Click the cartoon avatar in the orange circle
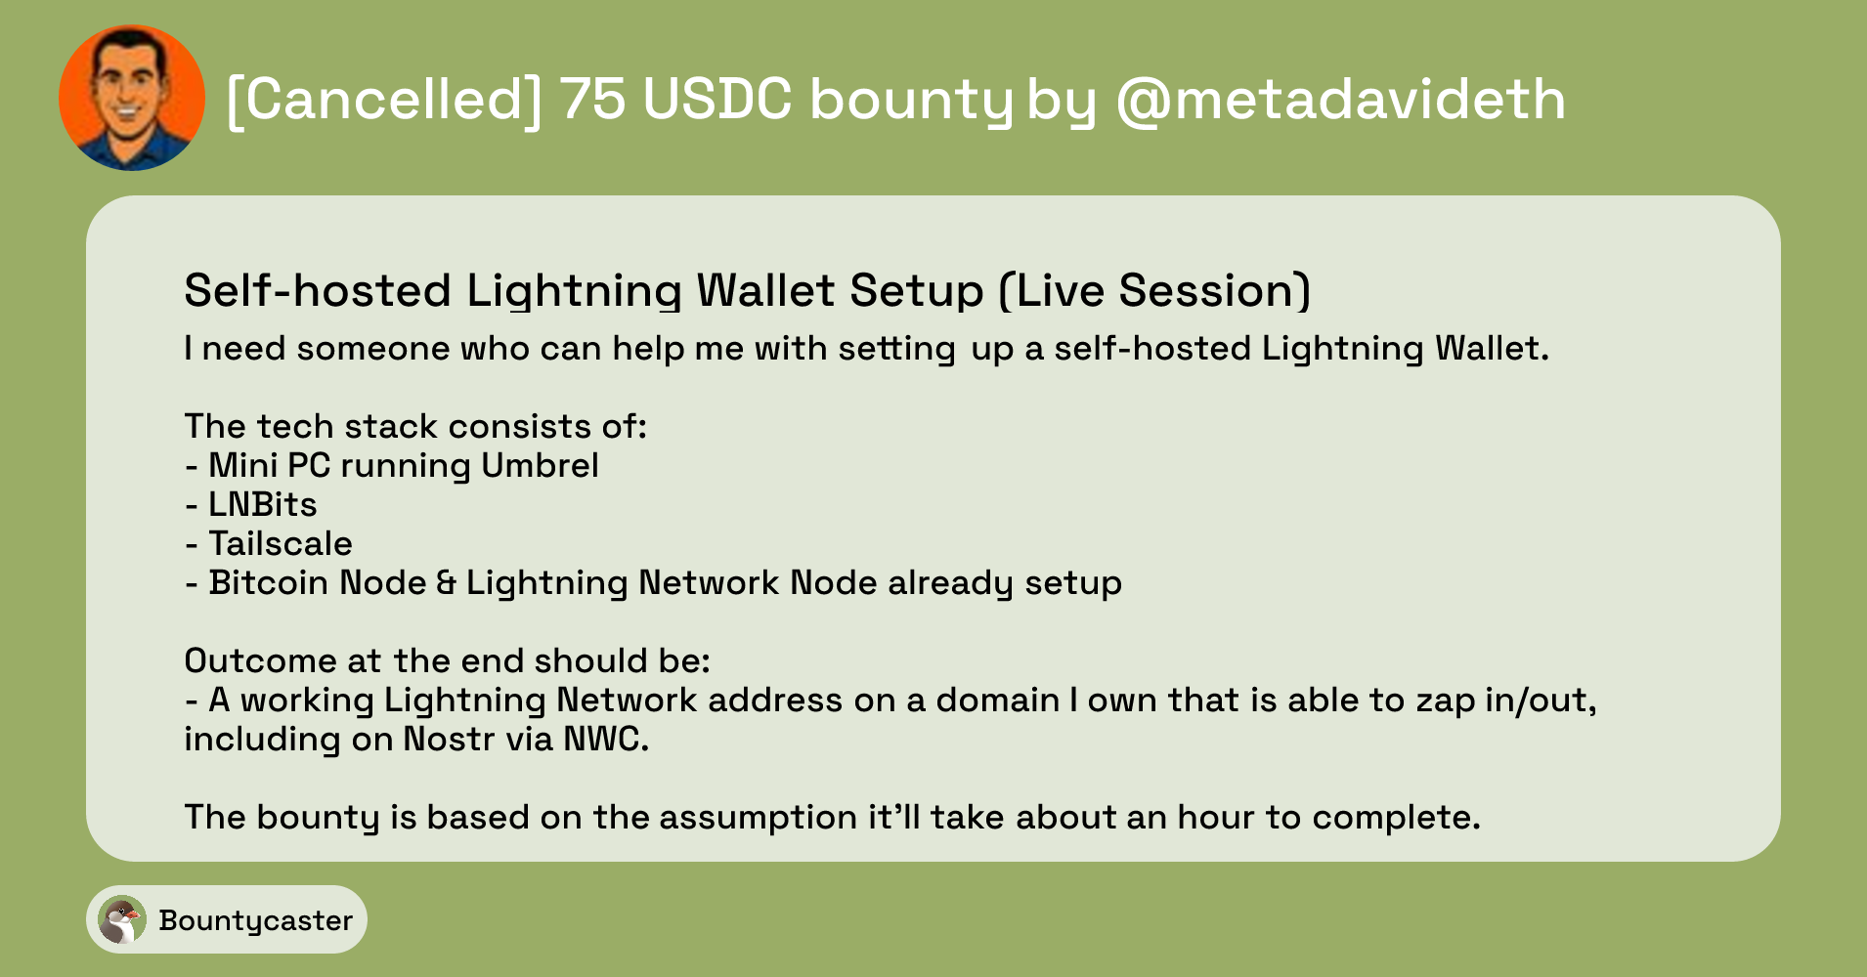click(132, 98)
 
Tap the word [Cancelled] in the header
click(383, 100)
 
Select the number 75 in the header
click(592, 99)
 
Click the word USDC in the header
click(716, 99)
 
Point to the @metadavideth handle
click(1340, 100)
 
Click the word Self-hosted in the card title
click(318, 290)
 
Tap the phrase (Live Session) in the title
click(1154, 290)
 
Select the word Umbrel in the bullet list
click(540, 465)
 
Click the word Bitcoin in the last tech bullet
click(269, 582)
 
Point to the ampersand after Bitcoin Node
click(446, 583)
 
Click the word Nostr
click(449, 739)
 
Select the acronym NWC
click(606, 739)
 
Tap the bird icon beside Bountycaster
click(122, 919)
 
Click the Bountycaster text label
click(255, 920)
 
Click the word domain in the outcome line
click(997, 700)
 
